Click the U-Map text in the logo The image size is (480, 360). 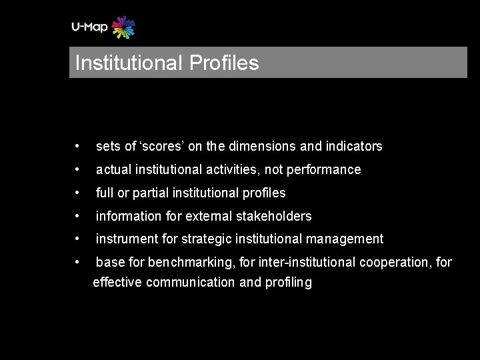(90, 27)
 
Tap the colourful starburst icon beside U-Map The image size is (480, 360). (123, 27)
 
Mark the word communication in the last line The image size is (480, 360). (190, 282)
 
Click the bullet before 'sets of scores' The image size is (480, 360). (79, 146)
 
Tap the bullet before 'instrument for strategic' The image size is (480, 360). (79, 239)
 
